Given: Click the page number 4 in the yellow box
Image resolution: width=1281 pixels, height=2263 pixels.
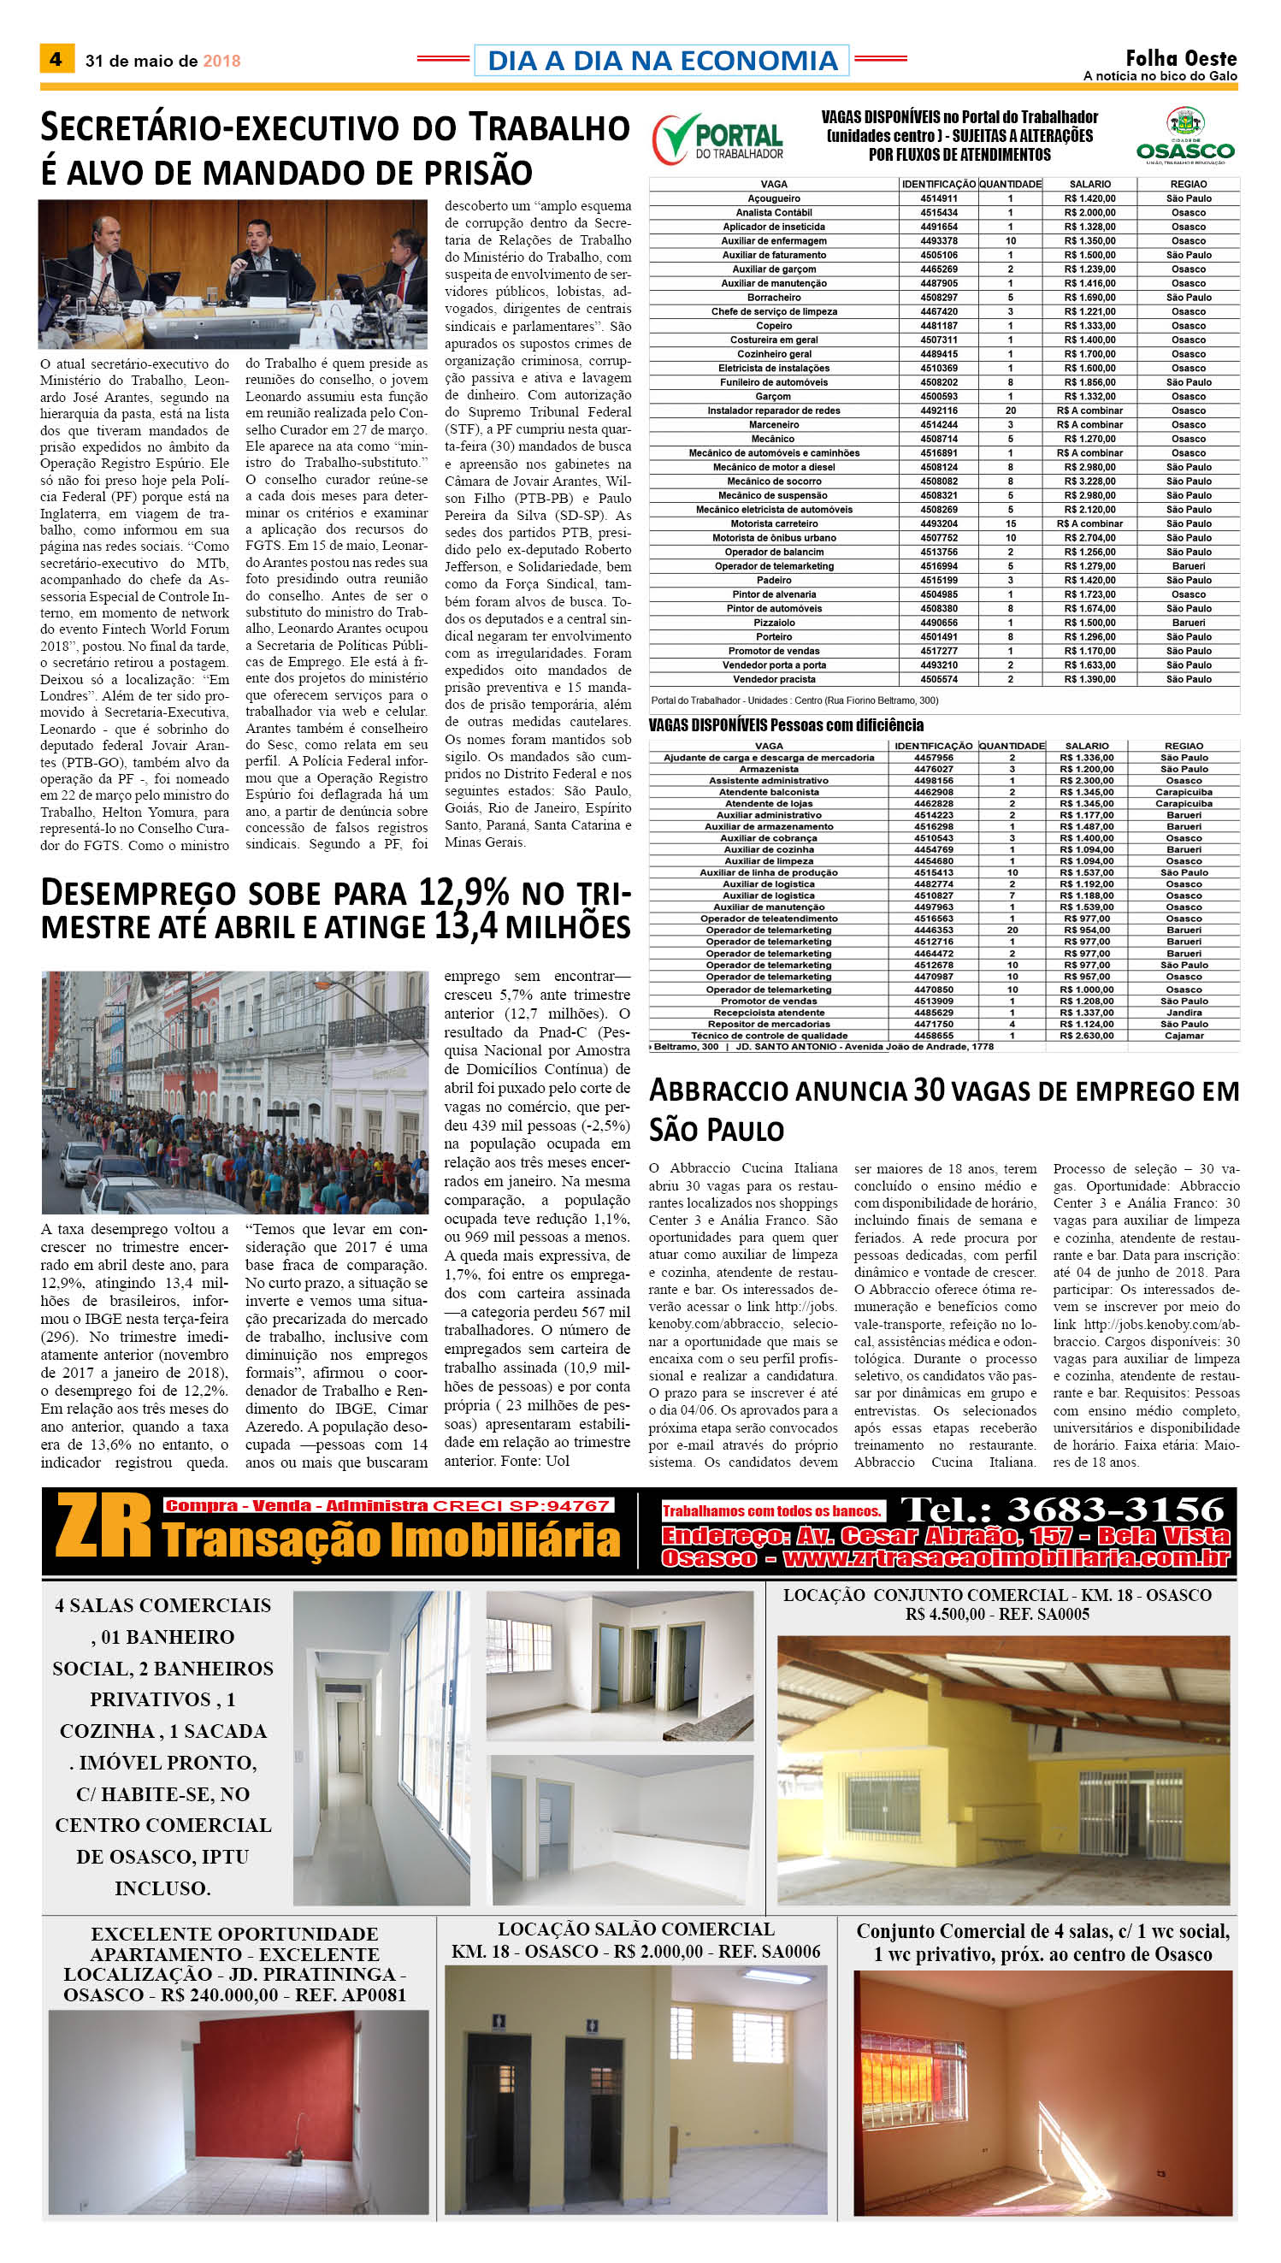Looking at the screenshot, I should [56, 59].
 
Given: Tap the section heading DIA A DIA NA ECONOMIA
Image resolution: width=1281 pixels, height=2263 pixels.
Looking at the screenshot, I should [662, 61].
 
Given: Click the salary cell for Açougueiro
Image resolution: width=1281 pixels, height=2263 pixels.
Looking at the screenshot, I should [1089, 199].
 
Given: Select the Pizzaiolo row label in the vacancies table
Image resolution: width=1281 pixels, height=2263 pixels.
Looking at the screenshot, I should [773, 623].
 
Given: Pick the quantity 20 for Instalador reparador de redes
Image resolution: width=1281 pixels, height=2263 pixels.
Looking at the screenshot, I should [1010, 411].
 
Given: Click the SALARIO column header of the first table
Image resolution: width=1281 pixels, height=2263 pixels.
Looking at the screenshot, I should [1089, 185].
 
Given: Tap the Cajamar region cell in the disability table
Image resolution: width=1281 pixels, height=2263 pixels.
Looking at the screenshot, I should [1184, 1036].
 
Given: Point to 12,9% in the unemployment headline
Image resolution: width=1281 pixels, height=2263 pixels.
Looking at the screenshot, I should [463, 892].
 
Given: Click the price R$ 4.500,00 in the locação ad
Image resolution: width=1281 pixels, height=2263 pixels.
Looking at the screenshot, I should [945, 1615].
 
